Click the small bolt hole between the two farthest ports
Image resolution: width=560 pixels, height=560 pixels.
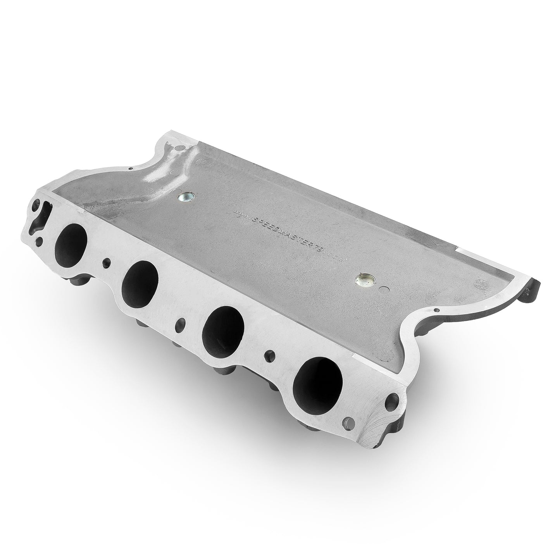tap(105, 264)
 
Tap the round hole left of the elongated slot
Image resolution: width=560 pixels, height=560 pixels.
tap(37, 203)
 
